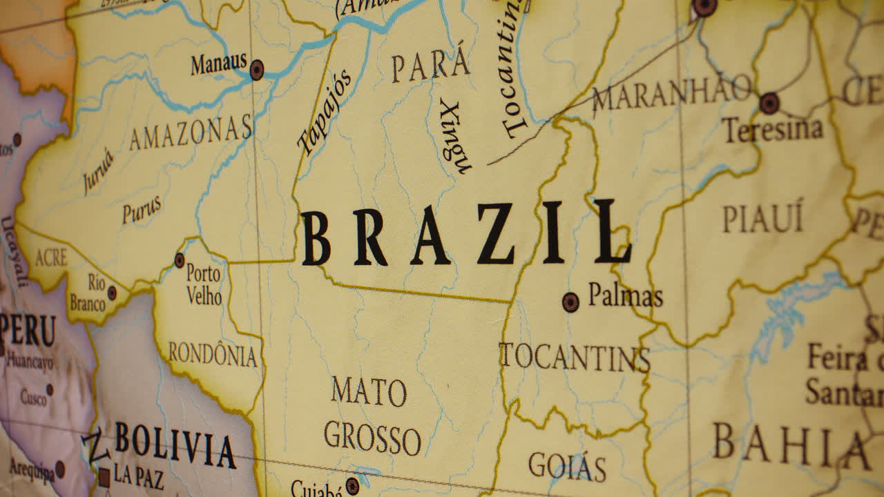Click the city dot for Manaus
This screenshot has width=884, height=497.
click(x=257, y=70)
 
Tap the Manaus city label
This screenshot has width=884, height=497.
click(x=218, y=64)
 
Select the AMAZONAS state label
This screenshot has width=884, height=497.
click(x=191, y=133)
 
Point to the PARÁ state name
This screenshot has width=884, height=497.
click(x=431, y=67)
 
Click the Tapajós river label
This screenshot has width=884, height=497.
click(x=324, y=112)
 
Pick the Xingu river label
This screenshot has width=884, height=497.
click(x=454, y=136)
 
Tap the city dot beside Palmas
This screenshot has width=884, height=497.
click(x=570, y=302)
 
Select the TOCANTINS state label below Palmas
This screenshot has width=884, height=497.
click(x=575, y=358)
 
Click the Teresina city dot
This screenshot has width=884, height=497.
click(x=769, y=104)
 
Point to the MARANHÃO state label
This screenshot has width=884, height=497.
click(x=672, y=92)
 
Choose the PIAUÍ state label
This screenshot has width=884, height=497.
click(x=763, y=219)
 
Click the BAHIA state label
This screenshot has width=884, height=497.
click(x=791, y=445)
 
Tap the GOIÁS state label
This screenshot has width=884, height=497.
click(x=567, y=467)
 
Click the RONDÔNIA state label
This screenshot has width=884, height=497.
click(x=213, y=354)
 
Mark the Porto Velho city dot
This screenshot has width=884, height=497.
click(x=180, y=260)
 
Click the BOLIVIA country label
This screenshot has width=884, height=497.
click(x=175, y=445)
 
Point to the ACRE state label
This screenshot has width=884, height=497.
click(x=51, y=258)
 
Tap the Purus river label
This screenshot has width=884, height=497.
click(x=142, y=210)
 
